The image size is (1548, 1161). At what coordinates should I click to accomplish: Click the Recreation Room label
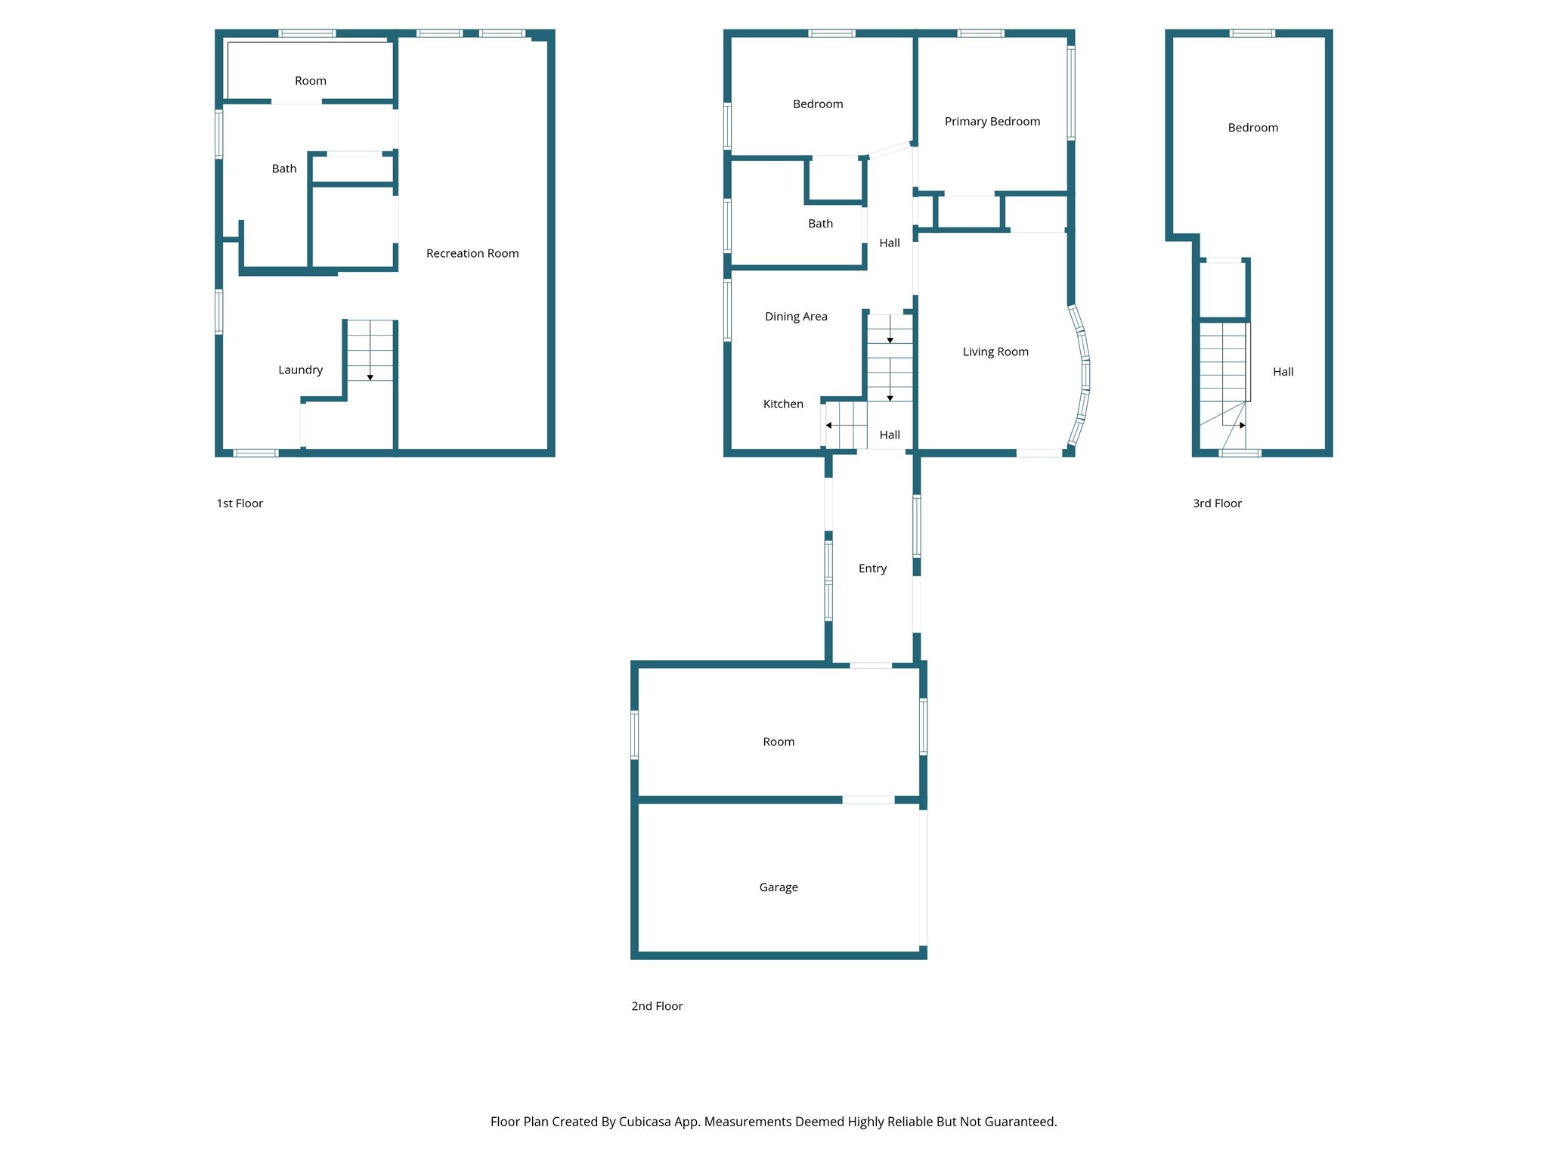pyautogui.click(x=472, y=253)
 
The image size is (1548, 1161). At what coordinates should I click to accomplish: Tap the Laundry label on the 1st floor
pyautogui.click(x=300, y=370)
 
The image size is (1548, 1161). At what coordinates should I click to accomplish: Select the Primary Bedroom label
pyautogui.click(x=992, y=122)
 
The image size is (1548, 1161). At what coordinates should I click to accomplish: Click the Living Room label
pyautogui.click(x=995, y=351)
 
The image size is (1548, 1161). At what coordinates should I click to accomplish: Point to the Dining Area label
pyautogui.click(x=795, y=317)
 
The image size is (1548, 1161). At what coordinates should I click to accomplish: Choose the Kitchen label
pyautogui.click(x=782, y=404)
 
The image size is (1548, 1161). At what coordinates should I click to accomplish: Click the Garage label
pyautogui.click(x=778, y=887)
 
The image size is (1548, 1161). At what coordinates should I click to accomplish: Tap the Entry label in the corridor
pyautogui.click(x=872, y=568)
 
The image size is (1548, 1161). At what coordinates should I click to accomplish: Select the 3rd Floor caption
pyautogui.click(x=1216, y=503)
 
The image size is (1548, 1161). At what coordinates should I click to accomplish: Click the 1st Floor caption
pyautogui.click(x=240, y=503)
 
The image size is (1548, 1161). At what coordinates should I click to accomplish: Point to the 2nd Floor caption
pyautogui.click(x=656, y=1006)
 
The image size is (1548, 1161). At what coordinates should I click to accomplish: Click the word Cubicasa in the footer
pyautogui.click(x=644, y=1122)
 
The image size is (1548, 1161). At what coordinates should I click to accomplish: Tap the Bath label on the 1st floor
pyautogui.click(x=283, y=169)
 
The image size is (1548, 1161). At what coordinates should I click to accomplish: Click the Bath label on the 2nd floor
pyautogui.click(x=819, y=224)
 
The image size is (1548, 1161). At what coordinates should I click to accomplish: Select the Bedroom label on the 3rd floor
pyautogui.click(x=1252, y=128)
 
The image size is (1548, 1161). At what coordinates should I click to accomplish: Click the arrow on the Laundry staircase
pyautogui.click(x=370, y=376)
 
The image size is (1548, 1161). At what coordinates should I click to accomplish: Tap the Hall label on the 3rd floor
pyautogui.click(x=1282, y=372)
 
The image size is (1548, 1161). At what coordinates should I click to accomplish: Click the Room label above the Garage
pyautogui.click(x=778, y=742)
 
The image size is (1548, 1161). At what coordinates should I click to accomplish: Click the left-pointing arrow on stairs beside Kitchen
pyautogui.click(x=829, y=426)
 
